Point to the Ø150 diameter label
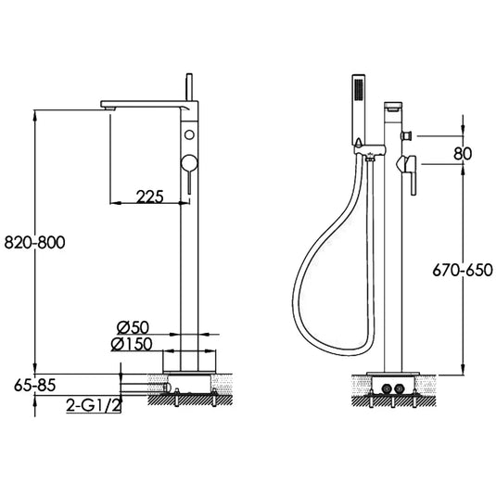(135, 344)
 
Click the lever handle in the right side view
(407, 167)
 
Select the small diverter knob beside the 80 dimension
(406, 136)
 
